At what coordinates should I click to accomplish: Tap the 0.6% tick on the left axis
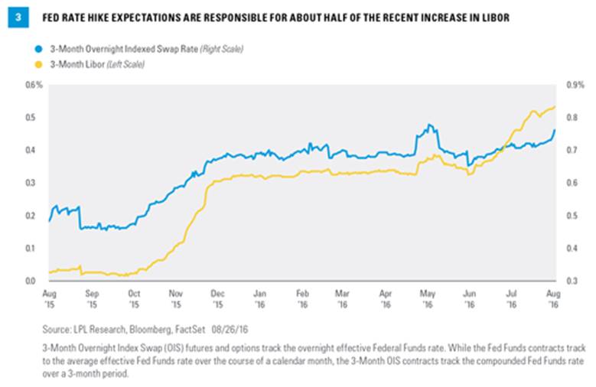(x=32, y=85)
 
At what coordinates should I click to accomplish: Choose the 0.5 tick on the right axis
(x=571, y=216)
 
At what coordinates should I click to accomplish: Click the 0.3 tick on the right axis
(x=571, y=281)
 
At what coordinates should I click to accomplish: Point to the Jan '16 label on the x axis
(x=260, y=298)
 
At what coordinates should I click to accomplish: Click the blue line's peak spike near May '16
(x=429, y=124)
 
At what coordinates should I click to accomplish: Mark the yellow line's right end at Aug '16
(x=555, y=107)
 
